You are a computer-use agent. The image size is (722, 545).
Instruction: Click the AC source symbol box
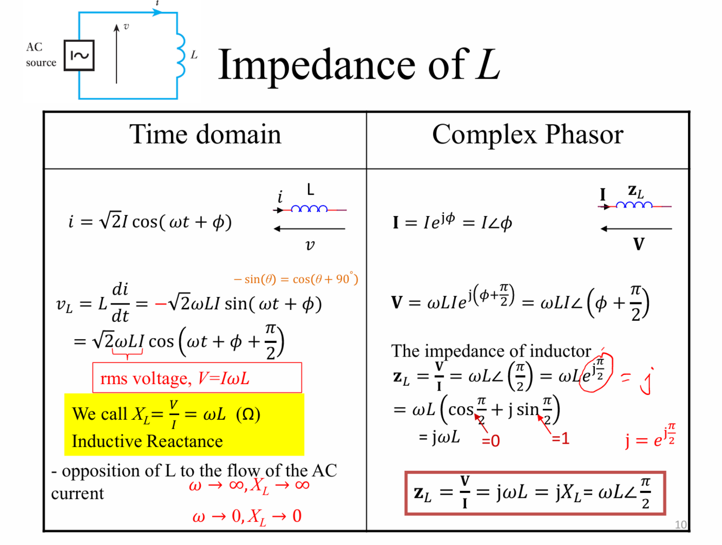[79, 55]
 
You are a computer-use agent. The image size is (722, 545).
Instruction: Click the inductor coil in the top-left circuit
[180, 55]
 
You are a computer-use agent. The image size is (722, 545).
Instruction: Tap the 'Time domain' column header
[205, 134]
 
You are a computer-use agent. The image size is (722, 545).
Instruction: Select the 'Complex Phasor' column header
[527, 134]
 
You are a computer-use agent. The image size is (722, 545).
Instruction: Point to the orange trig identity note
[296, 279]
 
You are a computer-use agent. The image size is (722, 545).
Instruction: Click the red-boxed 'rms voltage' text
[175, 378]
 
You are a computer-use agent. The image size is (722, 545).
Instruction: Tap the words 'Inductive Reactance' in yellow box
[147, 442]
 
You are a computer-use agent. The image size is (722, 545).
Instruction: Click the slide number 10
[680, 524]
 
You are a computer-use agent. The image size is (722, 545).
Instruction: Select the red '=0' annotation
[491, 441]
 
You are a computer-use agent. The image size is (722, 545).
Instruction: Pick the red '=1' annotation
[561, 438]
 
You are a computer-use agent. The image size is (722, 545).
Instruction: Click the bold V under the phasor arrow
[639, 244]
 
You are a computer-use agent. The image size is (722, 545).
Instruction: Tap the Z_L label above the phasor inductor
[635, 192]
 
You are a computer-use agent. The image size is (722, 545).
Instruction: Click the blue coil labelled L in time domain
[309, 209]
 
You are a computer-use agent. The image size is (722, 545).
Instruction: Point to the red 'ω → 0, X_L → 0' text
[247, 516]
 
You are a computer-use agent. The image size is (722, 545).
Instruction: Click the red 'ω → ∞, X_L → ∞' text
[249, 485]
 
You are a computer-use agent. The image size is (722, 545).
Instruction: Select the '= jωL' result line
[439, 437]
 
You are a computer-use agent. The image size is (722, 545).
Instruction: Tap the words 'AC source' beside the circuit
[41, 55]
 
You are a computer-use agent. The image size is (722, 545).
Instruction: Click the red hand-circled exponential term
[595, 372]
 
